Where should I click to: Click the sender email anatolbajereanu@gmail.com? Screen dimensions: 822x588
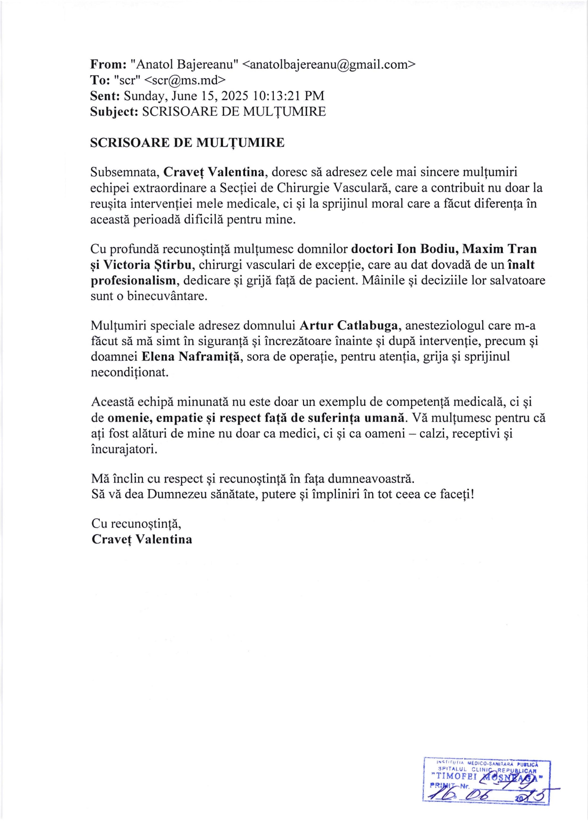tap(329, 64)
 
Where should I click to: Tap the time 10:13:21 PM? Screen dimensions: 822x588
tap(288, 96)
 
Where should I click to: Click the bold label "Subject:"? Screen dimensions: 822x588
tap(114, 111)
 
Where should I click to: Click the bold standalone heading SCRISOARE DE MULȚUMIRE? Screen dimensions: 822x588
tap(187, 142)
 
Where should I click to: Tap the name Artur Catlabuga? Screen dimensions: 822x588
tap(349, 325)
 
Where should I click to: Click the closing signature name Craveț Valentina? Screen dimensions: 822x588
tap(142, 539)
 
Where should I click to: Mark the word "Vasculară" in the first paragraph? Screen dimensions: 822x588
tap(362, 188)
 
